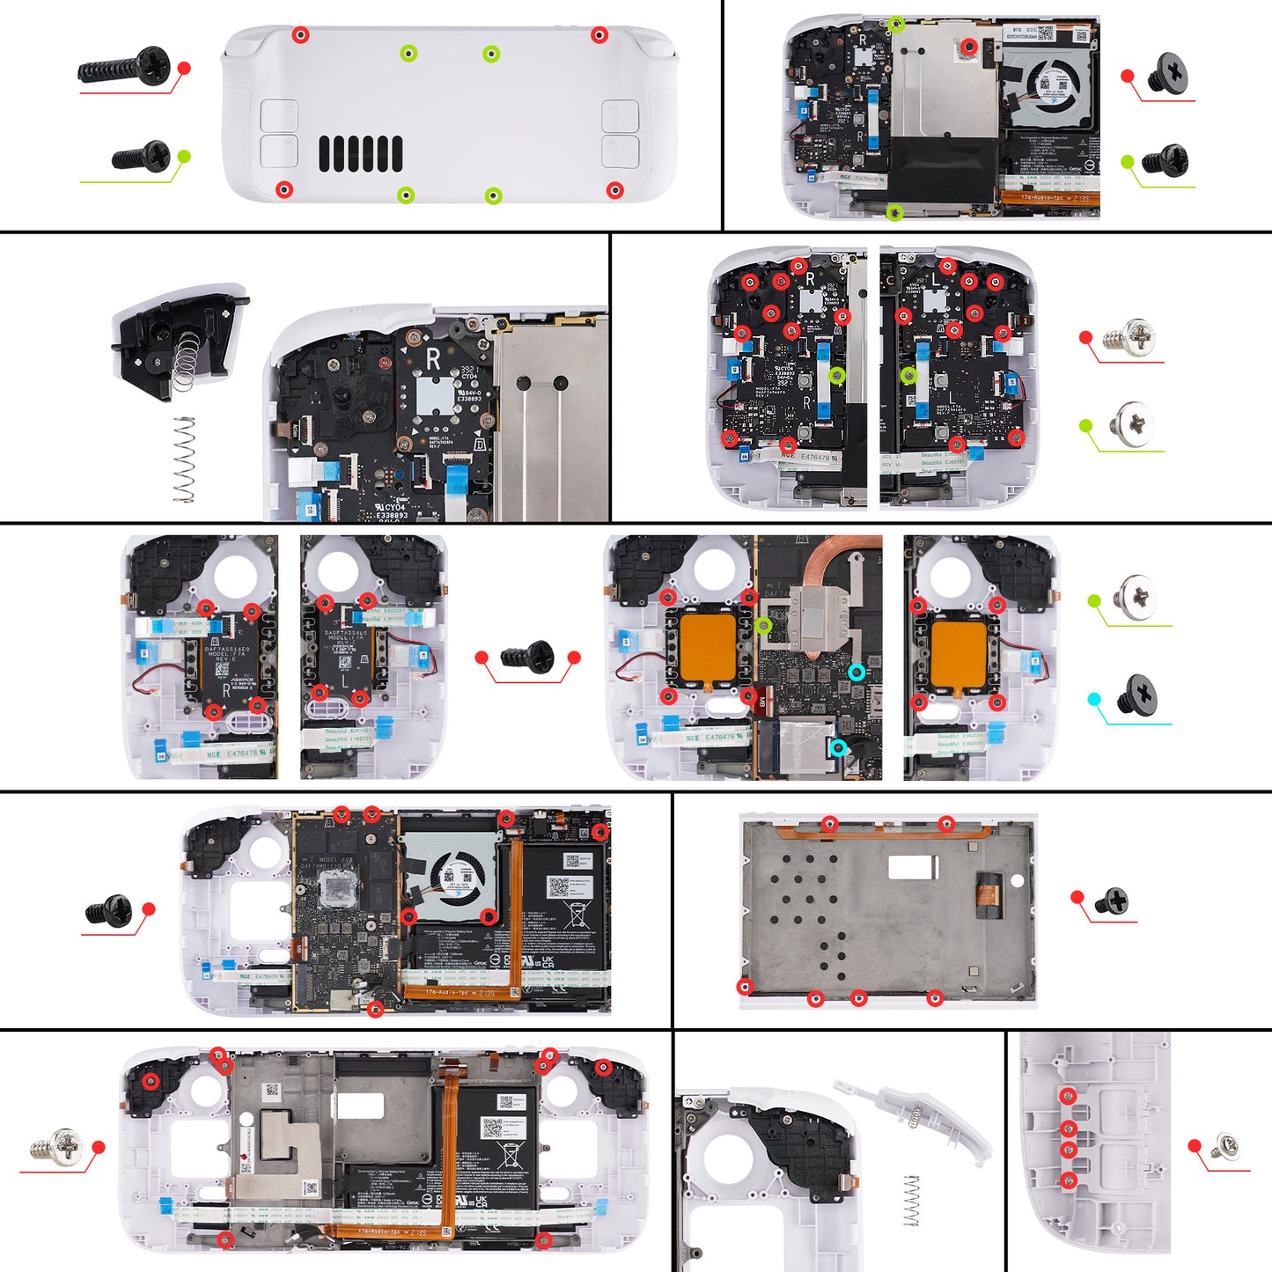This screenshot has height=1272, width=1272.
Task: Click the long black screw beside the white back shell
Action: pos(125,66)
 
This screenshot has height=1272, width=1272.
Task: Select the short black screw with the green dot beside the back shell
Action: pos(141,157)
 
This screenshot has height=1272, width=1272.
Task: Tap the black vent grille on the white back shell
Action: pos(360,154)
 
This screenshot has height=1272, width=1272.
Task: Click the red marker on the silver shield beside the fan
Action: pos(968,47)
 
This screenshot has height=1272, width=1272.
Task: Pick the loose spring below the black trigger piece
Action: pos(183,459)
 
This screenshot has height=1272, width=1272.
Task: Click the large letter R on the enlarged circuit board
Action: pos(432,359)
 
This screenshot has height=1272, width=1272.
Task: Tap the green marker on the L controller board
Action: pos(909,376)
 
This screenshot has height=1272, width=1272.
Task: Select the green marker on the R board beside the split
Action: pos(837,376)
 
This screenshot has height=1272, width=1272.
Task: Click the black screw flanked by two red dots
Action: pos(527,657)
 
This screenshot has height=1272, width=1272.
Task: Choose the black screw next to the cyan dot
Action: pos(1136,695)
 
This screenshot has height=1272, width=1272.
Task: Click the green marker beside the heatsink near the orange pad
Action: pos(764,625)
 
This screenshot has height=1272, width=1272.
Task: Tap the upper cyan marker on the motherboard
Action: pos(857,672)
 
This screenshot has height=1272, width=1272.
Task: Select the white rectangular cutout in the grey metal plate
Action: pos(913,867)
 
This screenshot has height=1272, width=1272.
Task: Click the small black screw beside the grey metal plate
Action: pos(1111,901)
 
